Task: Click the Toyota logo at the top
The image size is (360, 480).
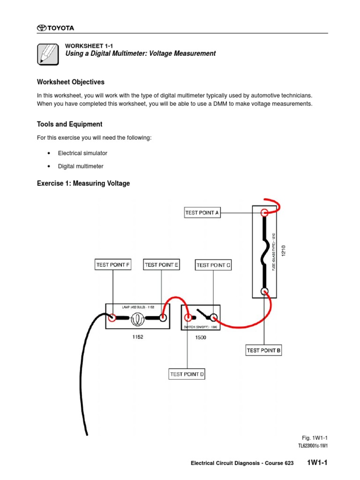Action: [55, 28]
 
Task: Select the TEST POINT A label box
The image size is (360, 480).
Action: [202, 212]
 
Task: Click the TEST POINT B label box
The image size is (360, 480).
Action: [263, 350]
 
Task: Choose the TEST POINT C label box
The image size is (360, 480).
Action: [213, 265]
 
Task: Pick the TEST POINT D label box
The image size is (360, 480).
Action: [187, 374]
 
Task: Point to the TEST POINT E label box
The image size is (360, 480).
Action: [161, 265]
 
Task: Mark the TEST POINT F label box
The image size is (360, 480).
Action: [112, 265]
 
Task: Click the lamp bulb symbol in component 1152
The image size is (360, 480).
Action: [137, 318]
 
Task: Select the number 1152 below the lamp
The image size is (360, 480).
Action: [137, 337]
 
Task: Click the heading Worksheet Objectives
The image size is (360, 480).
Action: [70, 82]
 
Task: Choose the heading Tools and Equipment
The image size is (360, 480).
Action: [69, 124]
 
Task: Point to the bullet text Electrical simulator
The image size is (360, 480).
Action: [82, 153]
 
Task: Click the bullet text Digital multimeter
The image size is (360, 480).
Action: [81, 166]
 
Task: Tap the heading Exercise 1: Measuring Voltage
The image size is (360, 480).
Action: [83, 183]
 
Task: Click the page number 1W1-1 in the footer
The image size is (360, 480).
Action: [317, 463]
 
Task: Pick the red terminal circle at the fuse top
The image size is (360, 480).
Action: [264, 212]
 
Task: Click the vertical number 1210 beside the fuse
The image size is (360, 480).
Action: [283, 251]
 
